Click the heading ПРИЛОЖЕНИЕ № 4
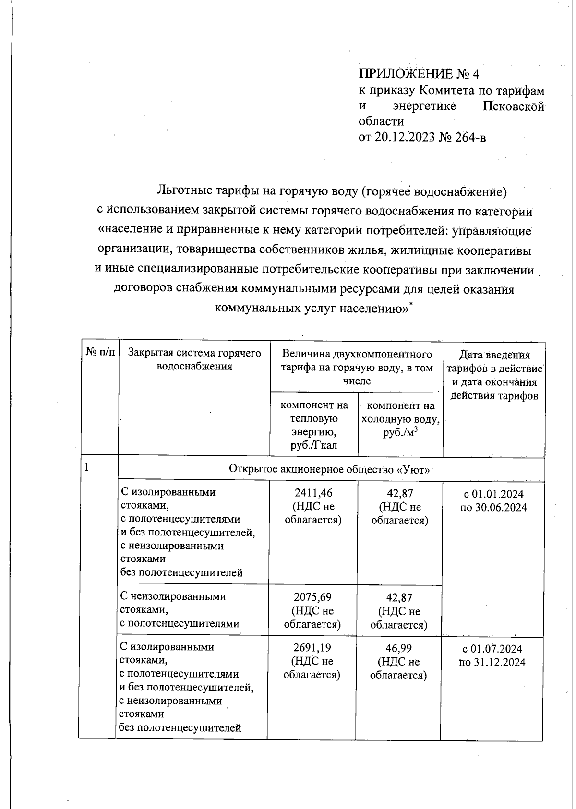(x=419, y=74)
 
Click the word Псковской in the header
(x=513, y=106)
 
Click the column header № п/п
(x=100, y=353)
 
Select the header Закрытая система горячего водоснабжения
(x=194, y=360)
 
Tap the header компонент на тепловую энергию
(x=314, y=425)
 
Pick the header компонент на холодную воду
(x=400, y=418)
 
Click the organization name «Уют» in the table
(x=413, y=469)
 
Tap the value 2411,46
(x=313, y=493)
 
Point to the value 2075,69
(x=312, y=597)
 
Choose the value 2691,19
(x=312, y=648)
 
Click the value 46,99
(x=399, y=648)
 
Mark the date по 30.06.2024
(x=493, y=508)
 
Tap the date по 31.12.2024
(x=492, y=663)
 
